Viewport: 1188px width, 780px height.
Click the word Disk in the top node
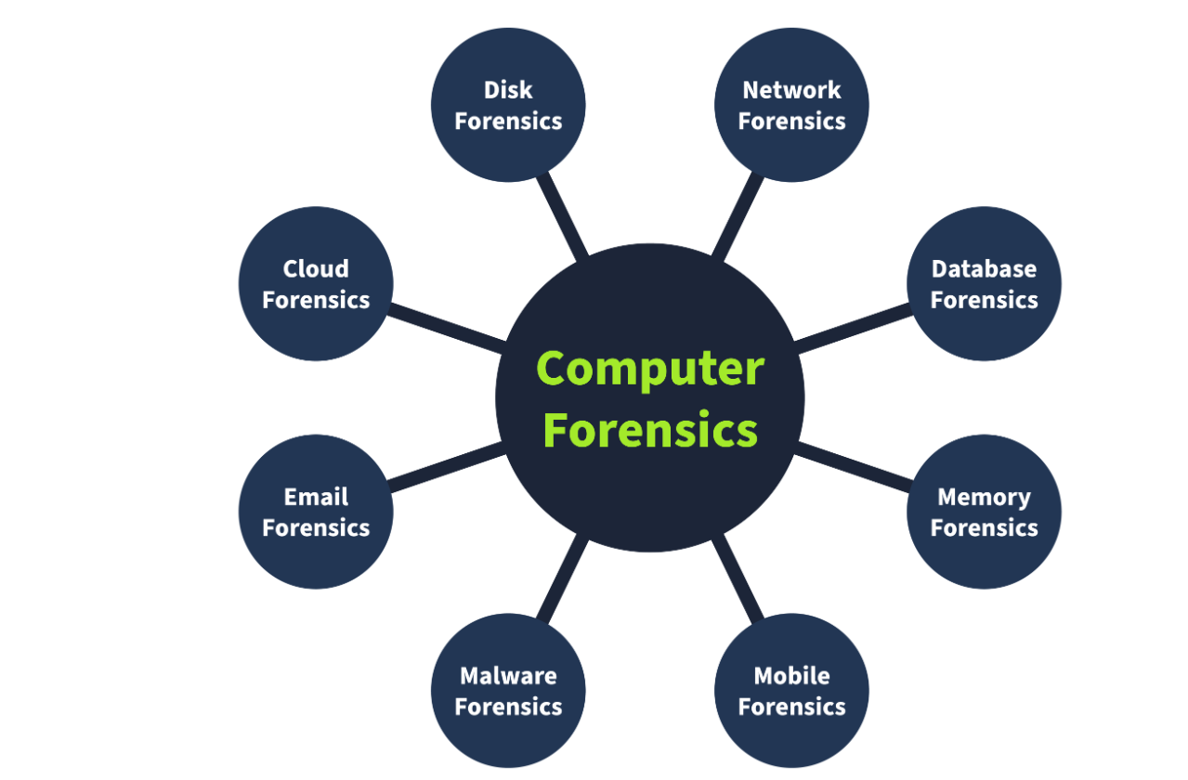coord(508,90)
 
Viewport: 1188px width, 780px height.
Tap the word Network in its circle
coord(791,90)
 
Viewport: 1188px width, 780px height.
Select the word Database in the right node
coord(984,269)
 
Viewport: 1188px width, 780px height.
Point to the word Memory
coord(984,498)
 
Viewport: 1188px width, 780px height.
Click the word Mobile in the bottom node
coord(791,676)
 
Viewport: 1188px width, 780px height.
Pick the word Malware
coord(508,676)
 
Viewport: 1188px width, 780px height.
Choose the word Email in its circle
coord(316,498)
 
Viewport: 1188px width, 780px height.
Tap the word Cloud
coord(316,269)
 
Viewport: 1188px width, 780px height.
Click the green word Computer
coord(650,369)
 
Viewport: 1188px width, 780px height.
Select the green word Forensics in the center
coord(650,431)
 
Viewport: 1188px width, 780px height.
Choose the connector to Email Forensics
coord(446,467)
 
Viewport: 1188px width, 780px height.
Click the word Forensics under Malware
coord(508,707)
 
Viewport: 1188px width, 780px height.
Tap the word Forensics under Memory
coord(984,528)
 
